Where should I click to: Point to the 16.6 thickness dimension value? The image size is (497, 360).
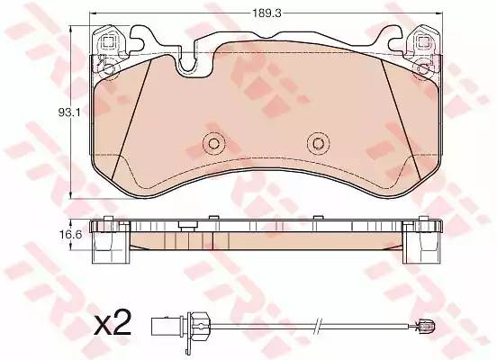click(71, 235)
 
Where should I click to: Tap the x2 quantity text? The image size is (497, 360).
click(113, 323)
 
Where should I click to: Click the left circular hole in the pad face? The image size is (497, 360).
click(213, 144)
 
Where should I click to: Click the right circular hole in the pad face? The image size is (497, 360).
click(318, 144)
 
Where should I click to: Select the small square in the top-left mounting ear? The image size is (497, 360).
click(108, 41)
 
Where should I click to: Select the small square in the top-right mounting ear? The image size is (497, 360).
click(422, 41)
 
